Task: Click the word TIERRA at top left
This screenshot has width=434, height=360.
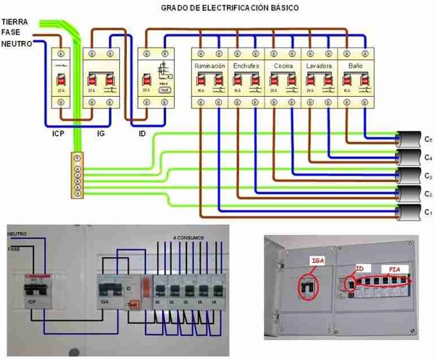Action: click(14, 21)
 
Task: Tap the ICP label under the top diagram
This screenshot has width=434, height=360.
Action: click(58, 135)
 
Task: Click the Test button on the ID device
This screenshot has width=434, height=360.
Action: click(163, 90)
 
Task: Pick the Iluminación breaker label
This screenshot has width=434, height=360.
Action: click(210, 66)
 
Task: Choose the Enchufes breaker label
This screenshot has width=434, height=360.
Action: click(246, 66)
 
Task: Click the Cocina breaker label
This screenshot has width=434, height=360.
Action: click(283, 66)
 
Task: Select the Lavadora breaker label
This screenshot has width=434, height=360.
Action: click(319, 66)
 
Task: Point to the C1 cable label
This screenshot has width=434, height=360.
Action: click(428, 212)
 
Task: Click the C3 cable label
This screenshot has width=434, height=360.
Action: click(428, 176)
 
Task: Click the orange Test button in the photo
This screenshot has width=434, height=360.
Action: click(133, 305)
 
